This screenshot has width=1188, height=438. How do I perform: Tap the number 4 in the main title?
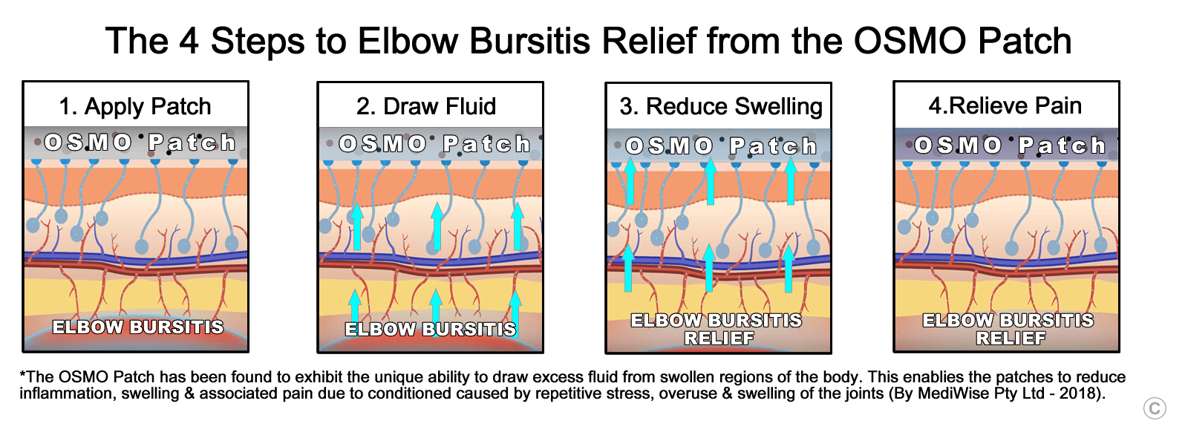pyautogui.click(x=189, y=41)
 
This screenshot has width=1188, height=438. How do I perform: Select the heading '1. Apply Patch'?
pyautogui.click(x=135, y=106)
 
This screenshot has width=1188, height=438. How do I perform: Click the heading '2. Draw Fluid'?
pyautogui.click(x=426, y=106)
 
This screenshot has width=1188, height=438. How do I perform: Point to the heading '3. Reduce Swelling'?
pyautogui.click(x=720, y=106)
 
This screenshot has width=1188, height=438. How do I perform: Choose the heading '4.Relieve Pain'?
pyautogui.click(x=1005, y=105)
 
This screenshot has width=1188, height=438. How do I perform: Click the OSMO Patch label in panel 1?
pyautogui.click(x=139, y=142)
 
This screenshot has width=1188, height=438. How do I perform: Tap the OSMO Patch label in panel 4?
pyautogui.click(x=1009, y=145)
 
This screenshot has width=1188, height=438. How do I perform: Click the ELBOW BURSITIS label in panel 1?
pyautogui.click(x=137, y=327)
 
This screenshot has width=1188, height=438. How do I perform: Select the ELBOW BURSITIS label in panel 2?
pyautogui.click(x=430, y=329)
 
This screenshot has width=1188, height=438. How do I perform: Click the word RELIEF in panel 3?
pyautogui.click(x=719, y=339)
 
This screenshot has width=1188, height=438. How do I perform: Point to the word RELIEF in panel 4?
pyautogui.click(x=1011, y=339)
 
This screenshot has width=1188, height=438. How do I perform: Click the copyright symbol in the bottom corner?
pyautogui.click(x=1155, y=408)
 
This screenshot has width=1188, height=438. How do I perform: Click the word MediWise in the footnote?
pyautogui.click(x=950, y=393)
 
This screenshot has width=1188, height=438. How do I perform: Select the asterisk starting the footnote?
pyautogui.click(x=22, y=376)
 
